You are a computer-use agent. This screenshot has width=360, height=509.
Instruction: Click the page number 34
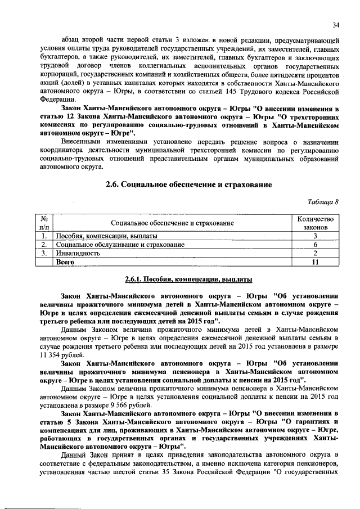pyautogui.click(x=336, y=25)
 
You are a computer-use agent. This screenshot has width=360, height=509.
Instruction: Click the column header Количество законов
pyautogui.click(x=316, y=223)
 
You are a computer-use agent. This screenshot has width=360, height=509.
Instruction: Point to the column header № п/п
pyautogui.click(x=43, y=223)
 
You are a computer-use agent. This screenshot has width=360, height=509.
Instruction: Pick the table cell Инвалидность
pyautogui.click(x=78, y=253)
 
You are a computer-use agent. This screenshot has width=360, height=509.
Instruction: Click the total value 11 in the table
pyautogui.click(x=316, y=262)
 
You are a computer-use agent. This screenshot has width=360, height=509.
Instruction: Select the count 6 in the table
pyautogui.click(x=316, y=245)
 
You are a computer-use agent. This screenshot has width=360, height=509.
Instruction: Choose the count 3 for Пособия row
pyautogui.click(x=316, y=236)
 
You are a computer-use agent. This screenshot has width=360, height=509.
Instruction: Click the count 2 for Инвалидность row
pyautogui.click(x=316, y=253)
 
